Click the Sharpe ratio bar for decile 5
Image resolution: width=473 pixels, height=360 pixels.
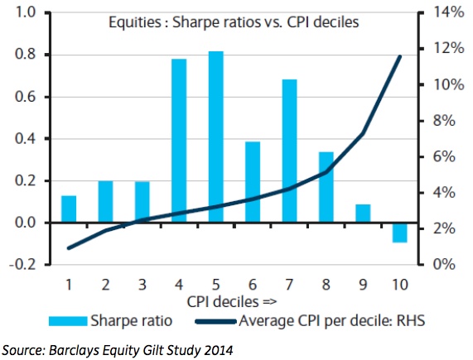215,137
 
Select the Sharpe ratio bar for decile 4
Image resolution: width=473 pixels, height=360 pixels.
179,141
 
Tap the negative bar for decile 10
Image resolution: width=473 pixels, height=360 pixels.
400,232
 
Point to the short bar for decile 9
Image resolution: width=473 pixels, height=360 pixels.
364,214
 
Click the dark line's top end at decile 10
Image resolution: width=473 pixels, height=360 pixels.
400,56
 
